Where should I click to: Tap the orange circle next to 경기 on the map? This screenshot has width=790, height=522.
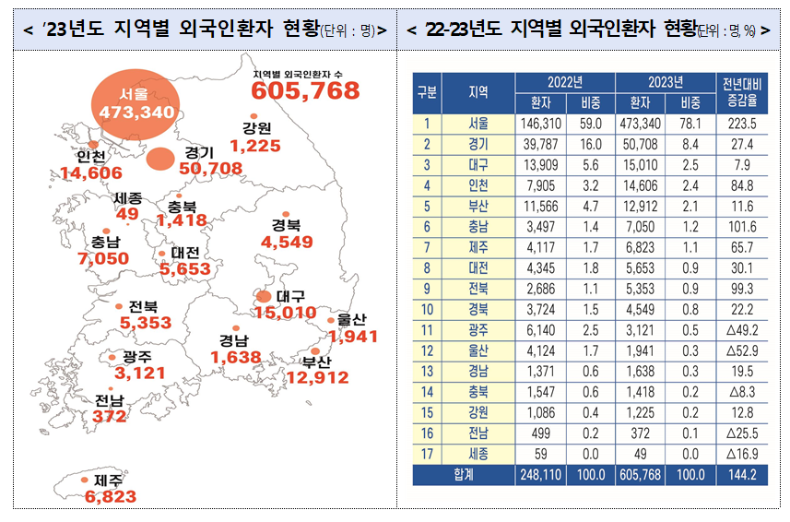coord(161,159)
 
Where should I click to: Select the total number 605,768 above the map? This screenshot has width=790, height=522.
coord(305,90)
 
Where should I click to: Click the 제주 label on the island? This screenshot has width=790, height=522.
coord(112,480)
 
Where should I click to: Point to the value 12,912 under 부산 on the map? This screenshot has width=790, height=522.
coord(317,377)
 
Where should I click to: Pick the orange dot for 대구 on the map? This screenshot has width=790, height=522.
coord(264,297)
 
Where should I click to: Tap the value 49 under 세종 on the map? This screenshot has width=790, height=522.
coord(128,214)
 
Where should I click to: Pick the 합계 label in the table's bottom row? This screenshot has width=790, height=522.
coord(465,474)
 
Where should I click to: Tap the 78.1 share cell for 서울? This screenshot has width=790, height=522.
coord(690,123)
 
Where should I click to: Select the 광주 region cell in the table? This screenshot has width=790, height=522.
coord(478,329)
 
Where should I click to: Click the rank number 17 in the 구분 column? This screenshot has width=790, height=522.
coord(427,453)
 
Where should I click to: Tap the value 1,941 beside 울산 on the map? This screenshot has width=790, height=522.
coord(354,337)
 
